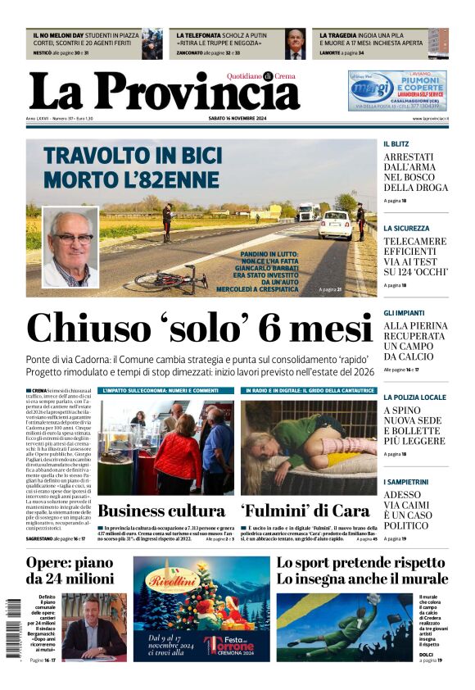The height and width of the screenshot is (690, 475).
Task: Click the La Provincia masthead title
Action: point(164,91)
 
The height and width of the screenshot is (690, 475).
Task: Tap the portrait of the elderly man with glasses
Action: point(70,247)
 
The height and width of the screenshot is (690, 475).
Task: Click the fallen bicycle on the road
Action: point(170,280)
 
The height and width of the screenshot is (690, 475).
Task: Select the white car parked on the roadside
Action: point(335,225)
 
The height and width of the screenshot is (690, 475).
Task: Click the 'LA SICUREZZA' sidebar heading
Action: point(406,228)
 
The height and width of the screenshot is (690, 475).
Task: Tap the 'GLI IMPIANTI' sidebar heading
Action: point(404,313)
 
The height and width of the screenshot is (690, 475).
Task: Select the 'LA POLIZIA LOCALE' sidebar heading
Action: point(415,397)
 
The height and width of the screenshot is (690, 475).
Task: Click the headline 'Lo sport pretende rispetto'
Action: point(360,563)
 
